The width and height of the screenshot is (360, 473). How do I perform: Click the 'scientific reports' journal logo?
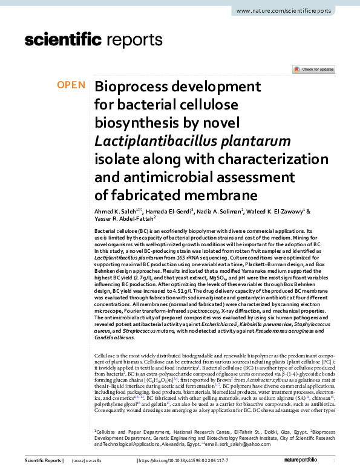click(93, 40)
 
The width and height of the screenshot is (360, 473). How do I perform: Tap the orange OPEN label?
click(71, 85)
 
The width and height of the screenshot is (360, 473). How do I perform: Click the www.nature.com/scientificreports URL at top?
click(293, 11)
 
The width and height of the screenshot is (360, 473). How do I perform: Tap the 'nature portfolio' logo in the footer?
click(321, 461)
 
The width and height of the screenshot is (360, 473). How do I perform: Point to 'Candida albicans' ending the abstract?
click(114, 338)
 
